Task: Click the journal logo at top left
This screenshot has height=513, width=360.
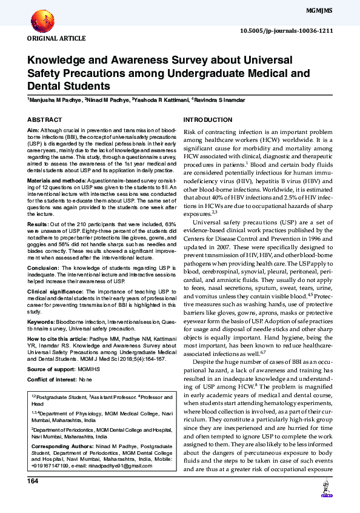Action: [41, 20]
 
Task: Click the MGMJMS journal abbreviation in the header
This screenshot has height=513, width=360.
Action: [335, 12]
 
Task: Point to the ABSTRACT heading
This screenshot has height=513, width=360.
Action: [44, 120]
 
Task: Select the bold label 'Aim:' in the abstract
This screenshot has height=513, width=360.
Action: [33, 131]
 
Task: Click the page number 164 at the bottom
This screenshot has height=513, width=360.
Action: [33, 481]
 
